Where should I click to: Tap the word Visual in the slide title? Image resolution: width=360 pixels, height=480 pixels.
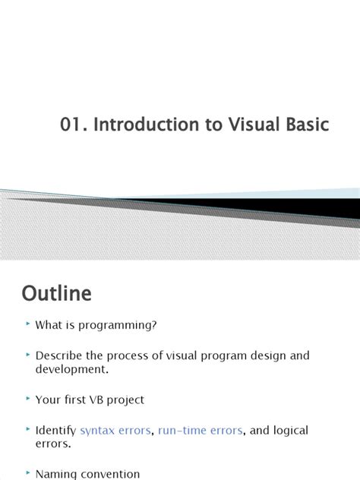[x=254, y=125]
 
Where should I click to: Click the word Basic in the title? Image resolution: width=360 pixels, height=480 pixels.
[x=308, y=125]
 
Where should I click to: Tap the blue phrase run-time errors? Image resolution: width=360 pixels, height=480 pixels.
[x=201, y=430]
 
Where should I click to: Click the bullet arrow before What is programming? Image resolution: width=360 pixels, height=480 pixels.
[x=28, y=324]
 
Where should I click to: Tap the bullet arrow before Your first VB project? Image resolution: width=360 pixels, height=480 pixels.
[x=28, y=398]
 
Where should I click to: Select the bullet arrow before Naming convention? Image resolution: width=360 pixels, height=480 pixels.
[x=28, y=472]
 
